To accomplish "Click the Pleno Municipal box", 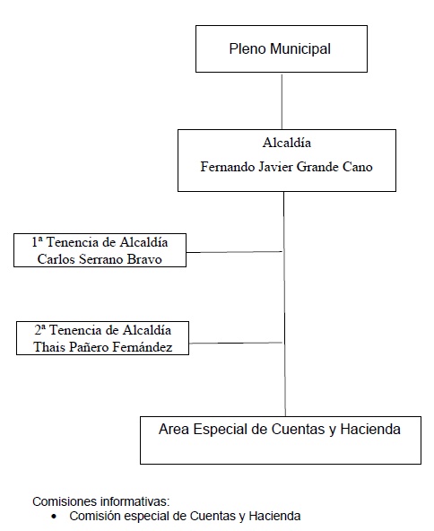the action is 282,48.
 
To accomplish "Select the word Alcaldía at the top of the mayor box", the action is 287,143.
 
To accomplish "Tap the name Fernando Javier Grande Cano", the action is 286,167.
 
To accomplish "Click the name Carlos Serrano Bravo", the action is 100,259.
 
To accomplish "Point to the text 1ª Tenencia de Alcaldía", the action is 100,242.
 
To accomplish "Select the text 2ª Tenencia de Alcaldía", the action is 102,330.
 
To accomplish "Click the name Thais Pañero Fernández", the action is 103,347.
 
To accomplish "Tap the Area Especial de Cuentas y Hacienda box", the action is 281,440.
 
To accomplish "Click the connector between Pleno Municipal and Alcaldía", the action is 282,101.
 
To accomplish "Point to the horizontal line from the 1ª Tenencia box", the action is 234,252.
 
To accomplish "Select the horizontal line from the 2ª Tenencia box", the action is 236,343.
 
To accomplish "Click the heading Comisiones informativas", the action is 101,501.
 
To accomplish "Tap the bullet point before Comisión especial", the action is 54,517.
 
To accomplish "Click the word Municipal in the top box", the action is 300,48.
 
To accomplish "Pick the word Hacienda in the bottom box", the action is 370,429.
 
